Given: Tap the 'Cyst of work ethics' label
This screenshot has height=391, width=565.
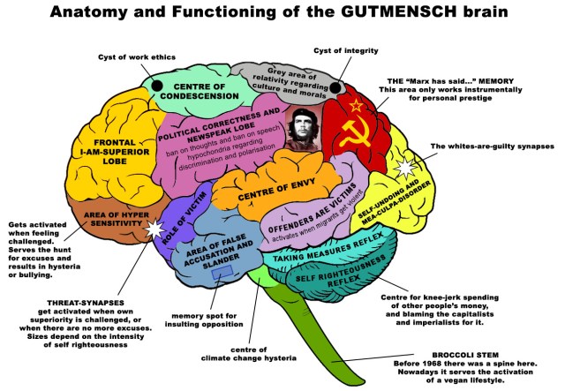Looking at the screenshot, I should [x=132, y=57].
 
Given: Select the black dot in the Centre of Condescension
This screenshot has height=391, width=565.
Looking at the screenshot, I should [x=158, y=86].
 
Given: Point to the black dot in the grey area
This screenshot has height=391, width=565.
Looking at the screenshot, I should [x=336, y=86].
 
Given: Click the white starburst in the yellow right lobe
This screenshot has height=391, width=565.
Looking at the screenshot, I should [x=405, y=167].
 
